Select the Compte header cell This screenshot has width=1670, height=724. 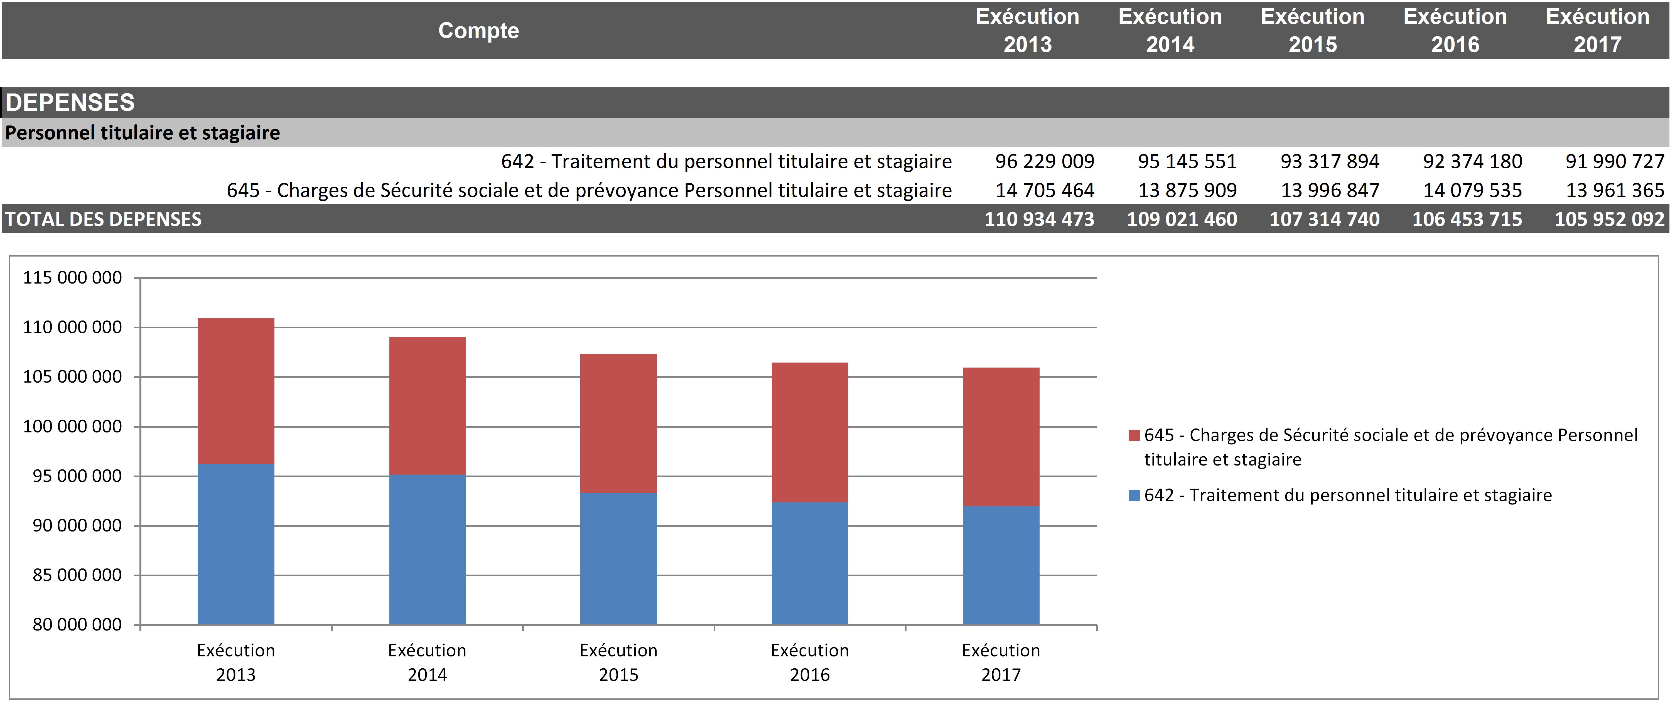(478, 30)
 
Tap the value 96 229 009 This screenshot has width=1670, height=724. (1044, 161)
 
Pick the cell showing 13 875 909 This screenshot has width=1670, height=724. (1187, 191)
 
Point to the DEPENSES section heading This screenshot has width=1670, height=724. (70, 102)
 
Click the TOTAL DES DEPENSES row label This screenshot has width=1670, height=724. (104, 219)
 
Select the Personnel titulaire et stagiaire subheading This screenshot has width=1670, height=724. (143, 133)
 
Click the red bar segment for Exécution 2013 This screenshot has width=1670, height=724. (236, 391)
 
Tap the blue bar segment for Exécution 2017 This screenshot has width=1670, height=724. (1001, 565)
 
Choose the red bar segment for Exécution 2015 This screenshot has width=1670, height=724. (618, 423)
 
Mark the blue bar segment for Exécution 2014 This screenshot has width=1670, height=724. (427, 550)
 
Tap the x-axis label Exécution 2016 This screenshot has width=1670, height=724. (810, 663)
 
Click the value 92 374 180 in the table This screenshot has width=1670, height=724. (1472, 161)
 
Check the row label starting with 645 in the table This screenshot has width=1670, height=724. (589, 191)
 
